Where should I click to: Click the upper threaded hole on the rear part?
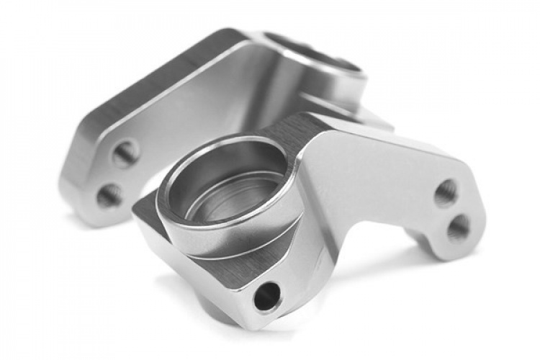(x=125, y=153)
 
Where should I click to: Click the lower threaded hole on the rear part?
(x=110, y=195)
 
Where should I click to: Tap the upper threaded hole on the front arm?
(x=446, y=193)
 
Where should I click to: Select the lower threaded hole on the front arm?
(x=458, y=228)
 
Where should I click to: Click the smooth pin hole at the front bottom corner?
(x=267, y=295)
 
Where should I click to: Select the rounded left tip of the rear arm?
(x=72, y=187)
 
